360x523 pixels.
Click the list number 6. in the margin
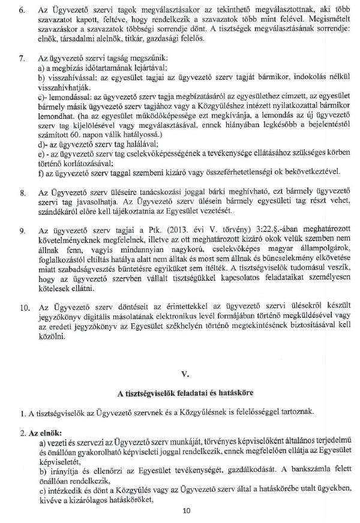click(x=22, y=12)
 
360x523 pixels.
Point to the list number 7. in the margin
click(x=22, y=60)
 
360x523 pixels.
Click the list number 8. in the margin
click(x=22, y=192)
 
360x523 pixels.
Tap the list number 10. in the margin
click(x=24, y=308)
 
